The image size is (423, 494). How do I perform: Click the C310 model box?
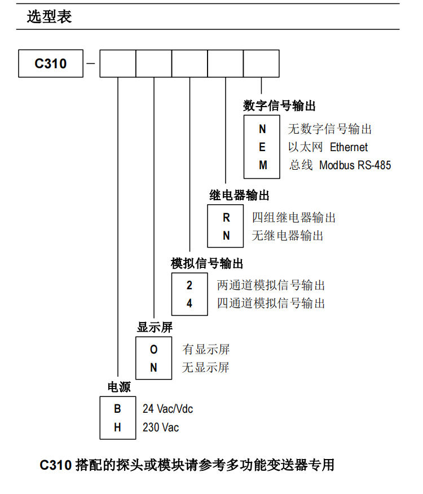[51, 63]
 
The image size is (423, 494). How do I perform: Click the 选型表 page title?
[50, 17]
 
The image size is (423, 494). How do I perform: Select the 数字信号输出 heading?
[279, 105]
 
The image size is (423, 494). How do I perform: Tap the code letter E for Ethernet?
[262, 147]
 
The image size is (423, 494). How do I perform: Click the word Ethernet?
[349, 147]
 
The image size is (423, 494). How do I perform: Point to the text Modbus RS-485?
[355, 165]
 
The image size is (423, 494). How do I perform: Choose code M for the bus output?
[262, 165]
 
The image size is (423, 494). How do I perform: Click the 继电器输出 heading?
[239, 195]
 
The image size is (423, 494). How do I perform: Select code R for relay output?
[226, 218]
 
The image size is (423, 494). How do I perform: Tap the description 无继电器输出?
[288, 236]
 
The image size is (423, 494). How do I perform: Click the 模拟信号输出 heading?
[207, 263]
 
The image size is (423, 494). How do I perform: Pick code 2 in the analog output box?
[190, 285]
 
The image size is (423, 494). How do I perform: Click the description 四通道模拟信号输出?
[271, 303]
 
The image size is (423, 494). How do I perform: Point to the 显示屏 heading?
[155, 327]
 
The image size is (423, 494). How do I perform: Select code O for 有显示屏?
[153, 350]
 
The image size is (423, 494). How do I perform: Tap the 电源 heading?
[119, 387]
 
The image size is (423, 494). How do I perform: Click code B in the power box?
[117, 409]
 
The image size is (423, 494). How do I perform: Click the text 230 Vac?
[161, 427]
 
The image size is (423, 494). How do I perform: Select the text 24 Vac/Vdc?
[168, 409]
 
